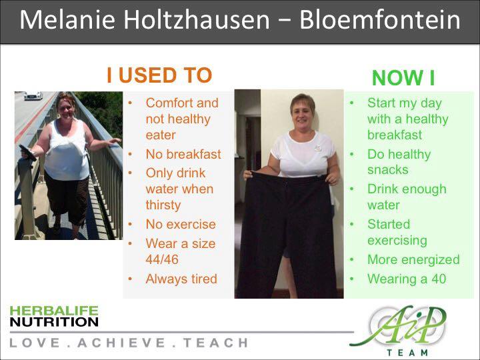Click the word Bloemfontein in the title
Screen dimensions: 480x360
click(x=379, y=20)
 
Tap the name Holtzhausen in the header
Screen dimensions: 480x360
click(x=197, y=20)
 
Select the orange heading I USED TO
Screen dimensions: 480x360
click(x=159, y=75)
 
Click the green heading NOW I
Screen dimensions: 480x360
click(x=403, y=78)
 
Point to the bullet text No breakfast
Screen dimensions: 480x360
click(x=183, y=154)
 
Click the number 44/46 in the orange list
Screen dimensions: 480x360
click(x=162, y=259)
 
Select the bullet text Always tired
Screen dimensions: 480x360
click(x=181, y=279)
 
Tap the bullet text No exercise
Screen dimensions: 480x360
click(x=181, y=224)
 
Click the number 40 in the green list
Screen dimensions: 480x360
click(x=439, y=279)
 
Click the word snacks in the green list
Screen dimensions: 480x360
click(x=388, y=169)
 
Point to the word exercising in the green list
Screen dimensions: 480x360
click(x=397, y=240)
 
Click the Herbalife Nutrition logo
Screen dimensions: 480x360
click(x=54, y=316)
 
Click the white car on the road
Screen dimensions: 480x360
click(x=33, y=95)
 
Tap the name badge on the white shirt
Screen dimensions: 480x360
click(x=317, y=148)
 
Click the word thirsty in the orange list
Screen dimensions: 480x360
click(x=163, y=205)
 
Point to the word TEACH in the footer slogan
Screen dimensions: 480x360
click(x=216, y=343)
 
